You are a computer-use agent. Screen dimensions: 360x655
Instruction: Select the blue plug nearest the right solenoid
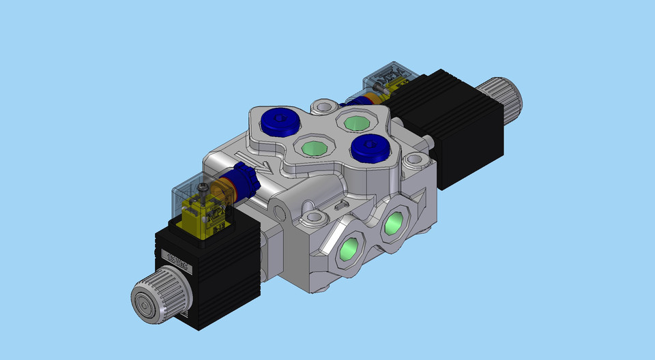click(x=369, y=145)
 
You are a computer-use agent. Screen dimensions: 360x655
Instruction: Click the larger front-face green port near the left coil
click(x=351, y=250)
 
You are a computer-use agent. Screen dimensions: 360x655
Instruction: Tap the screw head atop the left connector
click(x=203, y=186)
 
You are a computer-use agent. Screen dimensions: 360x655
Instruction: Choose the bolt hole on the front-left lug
click(x=313, y=218)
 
